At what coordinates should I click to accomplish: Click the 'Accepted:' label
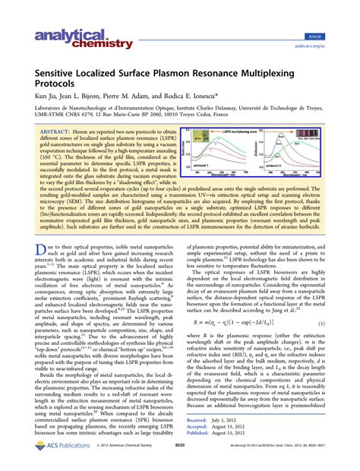(201, 447)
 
